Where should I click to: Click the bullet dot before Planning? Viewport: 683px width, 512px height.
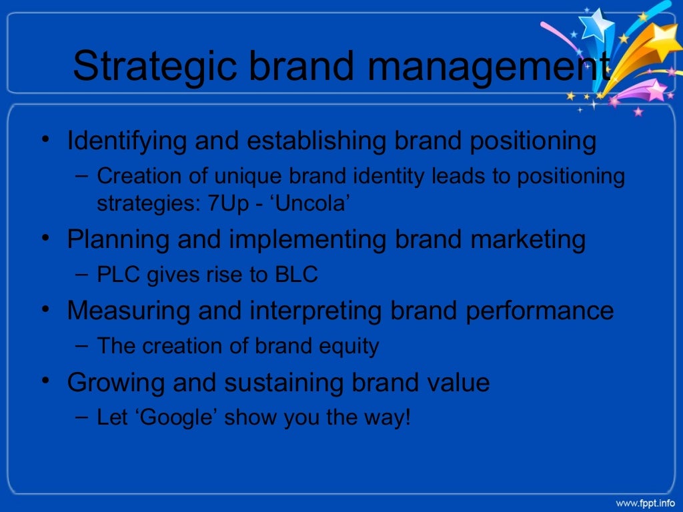pyautogui.click(x=44, y=237)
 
